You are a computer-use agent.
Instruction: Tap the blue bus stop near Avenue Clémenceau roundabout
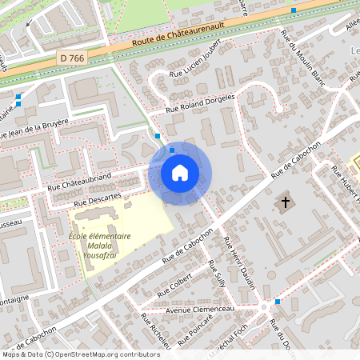point(278,302)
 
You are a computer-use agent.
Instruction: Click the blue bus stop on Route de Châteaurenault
point(294,10)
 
